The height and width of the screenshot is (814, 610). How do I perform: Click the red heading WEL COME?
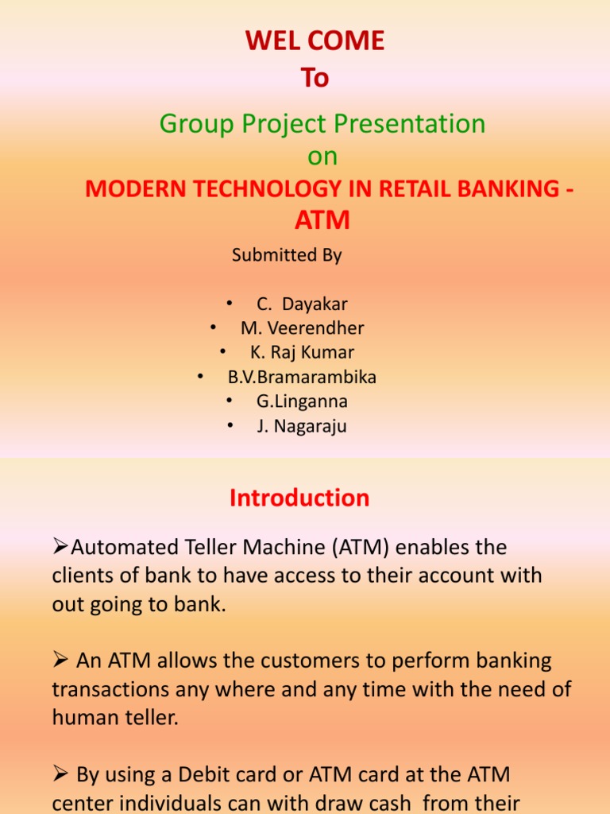315,41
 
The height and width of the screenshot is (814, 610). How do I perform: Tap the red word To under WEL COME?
315,78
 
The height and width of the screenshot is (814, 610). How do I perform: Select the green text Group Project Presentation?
322,124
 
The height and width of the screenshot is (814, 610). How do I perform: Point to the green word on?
322,157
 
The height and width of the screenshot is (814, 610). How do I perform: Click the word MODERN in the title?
128,189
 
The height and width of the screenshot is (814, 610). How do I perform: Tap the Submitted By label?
287,255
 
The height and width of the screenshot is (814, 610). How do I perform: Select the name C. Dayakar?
302,304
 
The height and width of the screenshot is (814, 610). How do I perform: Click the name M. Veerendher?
302,328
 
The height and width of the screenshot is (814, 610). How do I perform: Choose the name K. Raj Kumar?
302,352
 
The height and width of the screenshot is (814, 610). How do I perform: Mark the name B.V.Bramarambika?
302,377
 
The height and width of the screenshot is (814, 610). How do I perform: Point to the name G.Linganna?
302,401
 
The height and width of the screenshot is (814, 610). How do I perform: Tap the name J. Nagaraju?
302,426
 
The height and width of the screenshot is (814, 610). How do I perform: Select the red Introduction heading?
299,498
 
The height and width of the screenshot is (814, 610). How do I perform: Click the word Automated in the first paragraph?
120,548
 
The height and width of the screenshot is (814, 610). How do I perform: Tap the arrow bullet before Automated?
61,548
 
